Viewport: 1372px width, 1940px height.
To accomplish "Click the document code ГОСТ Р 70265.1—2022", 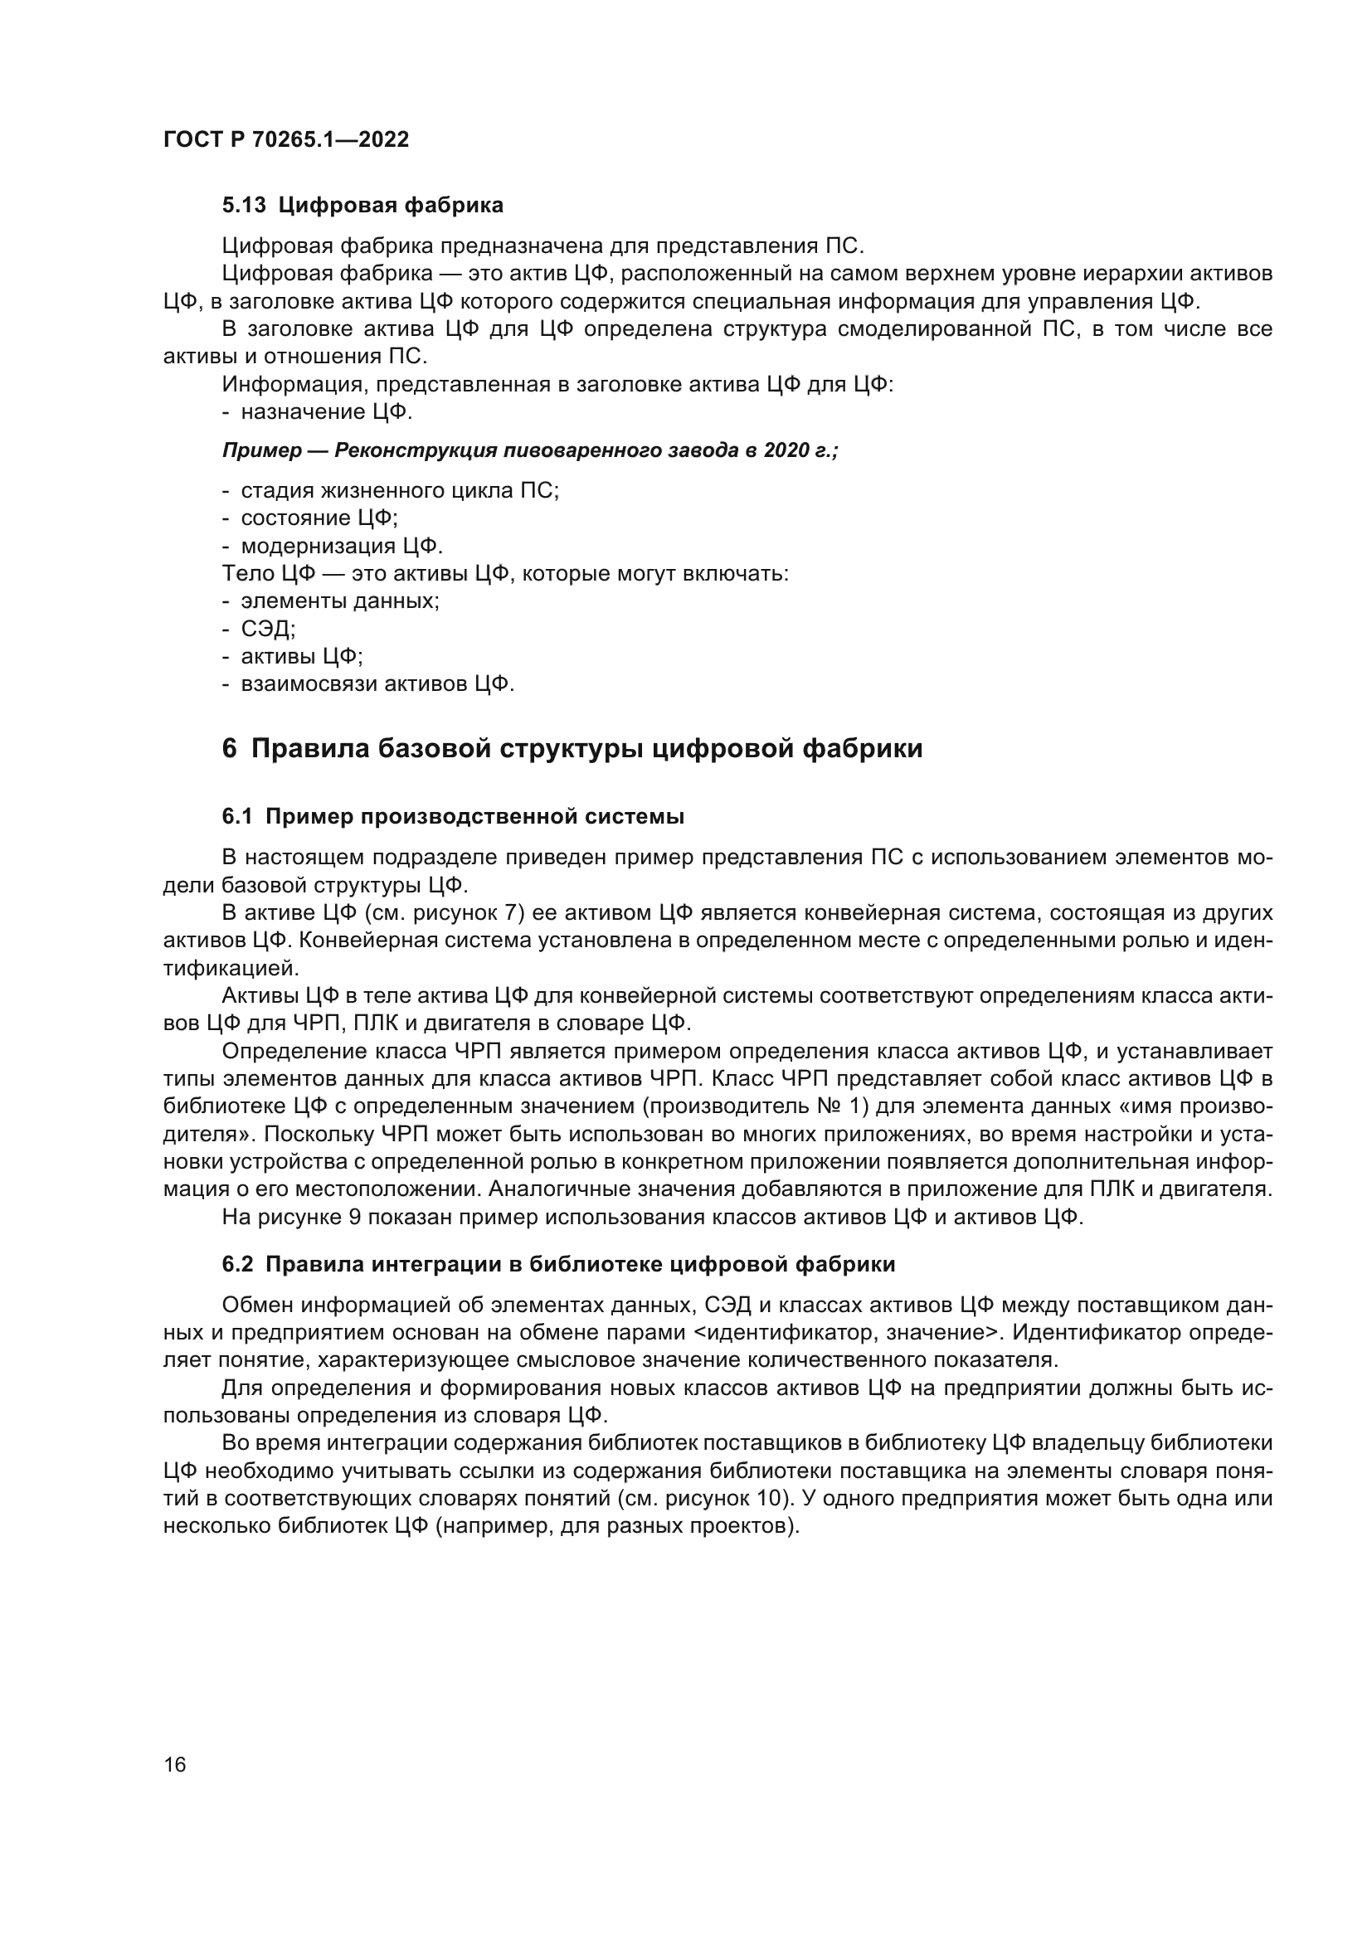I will click(x=285, y=139).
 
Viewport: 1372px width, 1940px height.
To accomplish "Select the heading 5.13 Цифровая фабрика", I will click(x=362, y=205).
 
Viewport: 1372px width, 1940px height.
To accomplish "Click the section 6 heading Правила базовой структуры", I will click(x=572, y=749).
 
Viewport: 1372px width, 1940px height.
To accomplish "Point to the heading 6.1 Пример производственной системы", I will click(x=453, y=816).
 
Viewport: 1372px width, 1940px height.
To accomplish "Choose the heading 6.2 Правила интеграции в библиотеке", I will click(x=558, y=1264).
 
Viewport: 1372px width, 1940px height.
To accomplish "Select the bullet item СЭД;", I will click(x=268, y=629).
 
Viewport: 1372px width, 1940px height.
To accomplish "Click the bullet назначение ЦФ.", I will click(x=326, y=412).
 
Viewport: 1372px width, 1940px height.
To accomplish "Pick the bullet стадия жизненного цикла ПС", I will click(x=400, y=490).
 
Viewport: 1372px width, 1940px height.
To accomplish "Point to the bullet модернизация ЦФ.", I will click(x=341, y=545).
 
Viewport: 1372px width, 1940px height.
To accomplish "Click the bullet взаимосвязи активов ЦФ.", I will click(x=377, y=683).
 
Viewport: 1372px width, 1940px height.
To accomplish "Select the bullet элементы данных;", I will click(x=339, y=600).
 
